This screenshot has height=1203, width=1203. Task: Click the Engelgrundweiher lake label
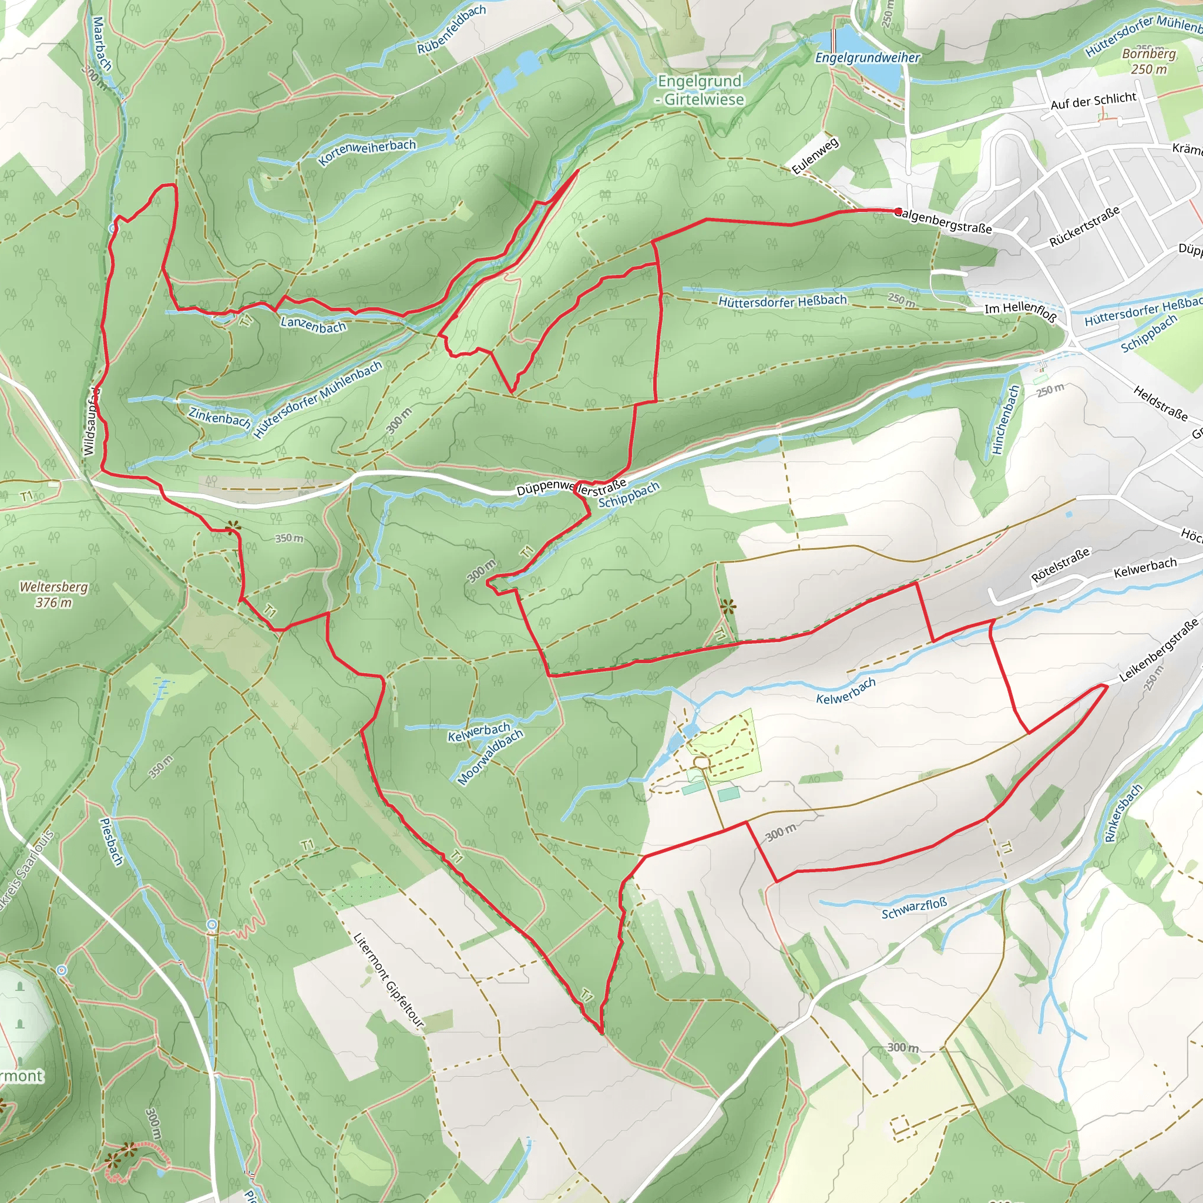[x=867, y=58]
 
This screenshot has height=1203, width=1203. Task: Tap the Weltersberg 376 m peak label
[x=53, y=594]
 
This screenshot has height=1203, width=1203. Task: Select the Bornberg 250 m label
[x=1149, y=62]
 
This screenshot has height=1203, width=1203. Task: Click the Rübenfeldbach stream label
[x=452, y=29]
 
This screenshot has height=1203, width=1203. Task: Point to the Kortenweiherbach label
[x=367, y=153]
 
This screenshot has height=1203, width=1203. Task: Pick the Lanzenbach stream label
[x=312, y=324]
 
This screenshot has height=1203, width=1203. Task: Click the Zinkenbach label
[x=220, y=416]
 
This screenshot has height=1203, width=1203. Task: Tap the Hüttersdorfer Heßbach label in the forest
[x=782, y=301]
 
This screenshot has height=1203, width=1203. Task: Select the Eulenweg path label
[x=815, y=155]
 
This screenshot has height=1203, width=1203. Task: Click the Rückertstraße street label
[x=1084, y=226]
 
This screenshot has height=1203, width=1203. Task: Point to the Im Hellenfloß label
[x=1020, y=312]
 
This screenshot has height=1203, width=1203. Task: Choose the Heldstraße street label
[x=1160, y=403]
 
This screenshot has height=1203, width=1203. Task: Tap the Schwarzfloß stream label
[x=913, y=909]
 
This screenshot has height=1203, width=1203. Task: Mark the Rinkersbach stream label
[x=1123, y=812]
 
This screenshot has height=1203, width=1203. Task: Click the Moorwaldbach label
[x=490, y=757]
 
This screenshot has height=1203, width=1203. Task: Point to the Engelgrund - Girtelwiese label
[x=701, y=90]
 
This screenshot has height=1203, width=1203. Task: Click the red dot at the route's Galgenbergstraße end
[x=898, y=211]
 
